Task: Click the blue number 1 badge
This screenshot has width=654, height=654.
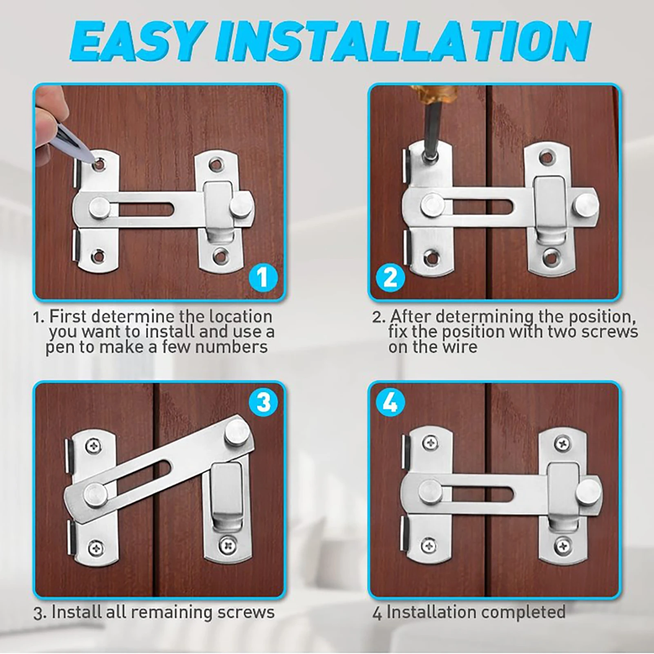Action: tap(263, 277)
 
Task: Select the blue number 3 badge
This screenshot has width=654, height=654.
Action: tap(263, 402)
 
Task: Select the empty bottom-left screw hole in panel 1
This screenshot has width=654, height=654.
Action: tap(98, 257)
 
